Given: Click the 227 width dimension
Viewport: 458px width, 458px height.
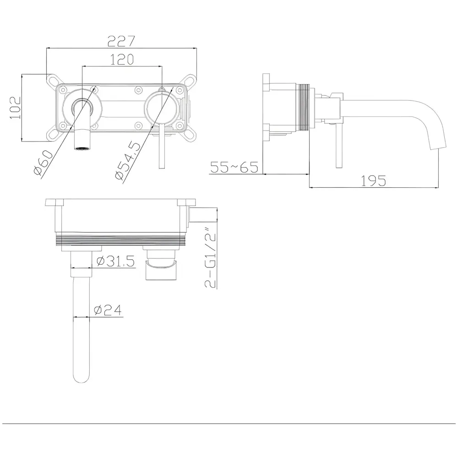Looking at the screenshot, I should [x=121, y=41].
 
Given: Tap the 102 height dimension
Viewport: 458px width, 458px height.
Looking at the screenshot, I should [x=15, y=108].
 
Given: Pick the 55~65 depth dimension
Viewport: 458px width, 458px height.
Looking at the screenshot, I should [x=234, y=167].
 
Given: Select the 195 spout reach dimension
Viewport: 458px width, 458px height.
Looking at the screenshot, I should [x=373, y=180].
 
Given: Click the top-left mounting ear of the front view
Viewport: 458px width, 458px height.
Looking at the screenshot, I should [x=53, y=80].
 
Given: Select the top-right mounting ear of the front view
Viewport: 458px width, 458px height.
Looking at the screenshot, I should [x=190, y=80].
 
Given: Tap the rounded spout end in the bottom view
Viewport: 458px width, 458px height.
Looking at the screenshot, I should [x=81, y=378].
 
